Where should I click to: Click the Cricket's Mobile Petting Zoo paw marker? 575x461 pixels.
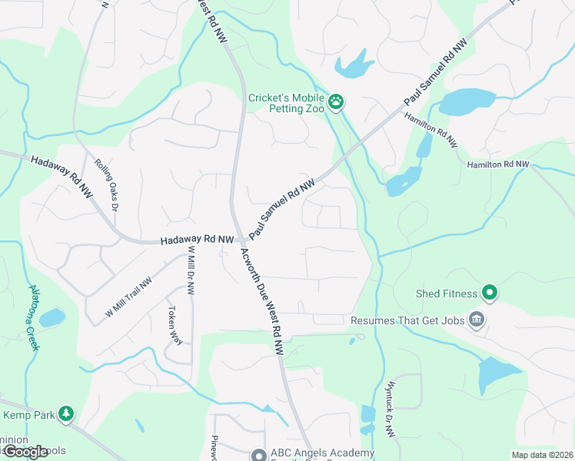336,101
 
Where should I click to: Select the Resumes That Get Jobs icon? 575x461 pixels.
476,319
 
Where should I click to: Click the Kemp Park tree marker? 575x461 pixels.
67,415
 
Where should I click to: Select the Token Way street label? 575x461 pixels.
174,326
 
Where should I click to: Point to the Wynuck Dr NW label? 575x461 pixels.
391,409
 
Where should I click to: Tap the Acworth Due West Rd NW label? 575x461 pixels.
262,301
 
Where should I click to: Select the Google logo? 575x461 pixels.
25,452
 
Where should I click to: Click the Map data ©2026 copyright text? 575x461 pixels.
541,455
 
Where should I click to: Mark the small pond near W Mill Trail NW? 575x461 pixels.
51,317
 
